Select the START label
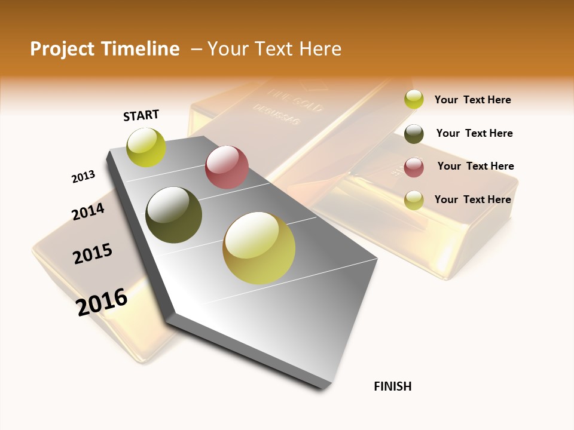[141, 115]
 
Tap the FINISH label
[392, 386]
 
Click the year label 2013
[83, 177]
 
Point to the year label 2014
[88, 211]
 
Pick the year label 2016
[102, 302]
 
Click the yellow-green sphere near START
[146, 147]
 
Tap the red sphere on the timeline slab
[227, 167]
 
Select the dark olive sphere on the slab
[174, 215]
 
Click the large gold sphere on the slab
[259, 248]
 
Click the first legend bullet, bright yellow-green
[414, 100]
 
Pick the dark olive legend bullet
[414, 134]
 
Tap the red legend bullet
[414, 167]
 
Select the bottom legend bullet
[414, 200]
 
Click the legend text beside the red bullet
[475, 166]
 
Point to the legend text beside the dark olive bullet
[474, 133]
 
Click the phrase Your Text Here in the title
[274, 49]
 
